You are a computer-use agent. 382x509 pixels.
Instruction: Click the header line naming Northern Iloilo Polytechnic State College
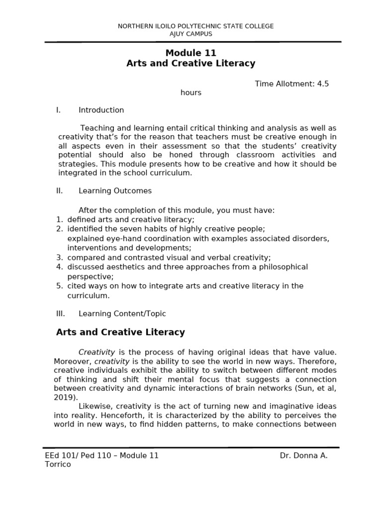195,26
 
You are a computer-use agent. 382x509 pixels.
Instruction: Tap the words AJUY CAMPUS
191,34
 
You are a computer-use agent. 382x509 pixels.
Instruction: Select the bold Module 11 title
191,53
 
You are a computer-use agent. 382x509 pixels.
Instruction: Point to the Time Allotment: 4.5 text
292,84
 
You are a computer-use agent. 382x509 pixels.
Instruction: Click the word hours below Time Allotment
191,92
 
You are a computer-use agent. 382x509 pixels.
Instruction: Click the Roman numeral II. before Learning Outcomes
59,191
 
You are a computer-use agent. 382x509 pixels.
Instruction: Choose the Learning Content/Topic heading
122,314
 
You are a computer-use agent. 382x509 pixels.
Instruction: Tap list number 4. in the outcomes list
59,267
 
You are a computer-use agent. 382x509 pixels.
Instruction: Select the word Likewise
95,406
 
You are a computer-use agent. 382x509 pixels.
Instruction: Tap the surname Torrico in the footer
58,464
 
